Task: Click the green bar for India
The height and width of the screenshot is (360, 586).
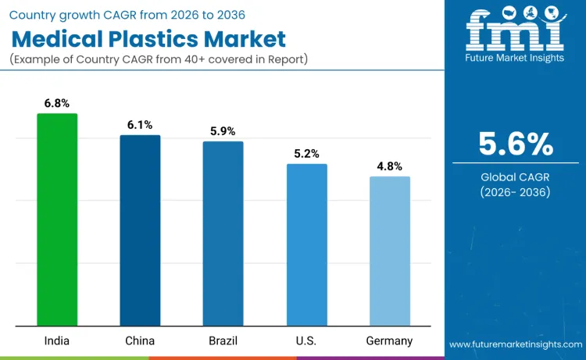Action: click(57, 219)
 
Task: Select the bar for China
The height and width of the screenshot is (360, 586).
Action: click(140, 230)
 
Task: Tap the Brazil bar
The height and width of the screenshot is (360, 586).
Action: click(223, 233)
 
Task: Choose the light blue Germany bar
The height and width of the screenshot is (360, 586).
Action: click(389, 251)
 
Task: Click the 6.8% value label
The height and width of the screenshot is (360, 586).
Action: click(57, 102)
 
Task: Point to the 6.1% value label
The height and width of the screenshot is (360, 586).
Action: click(140, 124)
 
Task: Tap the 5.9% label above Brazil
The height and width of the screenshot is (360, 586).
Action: click(223, 130)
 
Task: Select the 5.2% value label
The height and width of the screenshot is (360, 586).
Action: click(306, 153)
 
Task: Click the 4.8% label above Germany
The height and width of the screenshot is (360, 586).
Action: click(389, 166)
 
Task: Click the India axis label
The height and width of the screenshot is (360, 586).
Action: click(57, 340)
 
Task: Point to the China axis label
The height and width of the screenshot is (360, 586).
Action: click(140, 340)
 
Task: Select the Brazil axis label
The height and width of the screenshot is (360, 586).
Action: click(223, 340)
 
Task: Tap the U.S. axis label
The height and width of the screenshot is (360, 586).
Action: click(306, 340)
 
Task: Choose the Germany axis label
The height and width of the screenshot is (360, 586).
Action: click(389, 340)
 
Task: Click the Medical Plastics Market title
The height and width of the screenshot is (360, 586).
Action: click(149, 39)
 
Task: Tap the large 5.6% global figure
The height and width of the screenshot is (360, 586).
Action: click(515, 144)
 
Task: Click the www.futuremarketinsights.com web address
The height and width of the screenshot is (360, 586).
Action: click(515, 344)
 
